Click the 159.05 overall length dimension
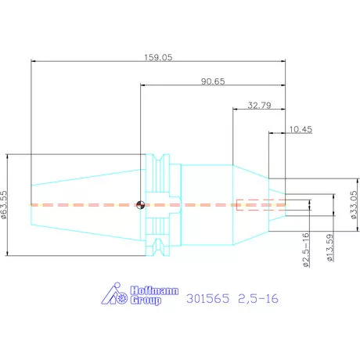point(158,57)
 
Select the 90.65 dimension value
point(213,81)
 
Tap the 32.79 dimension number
point(259,106)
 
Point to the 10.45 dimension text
point(301,129)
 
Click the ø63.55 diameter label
point(4,205)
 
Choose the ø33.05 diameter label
point(354,205)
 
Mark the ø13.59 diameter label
point(329,247)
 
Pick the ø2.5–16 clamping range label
point(306,250)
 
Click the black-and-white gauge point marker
point(140,205)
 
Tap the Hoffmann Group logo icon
point(114,293)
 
